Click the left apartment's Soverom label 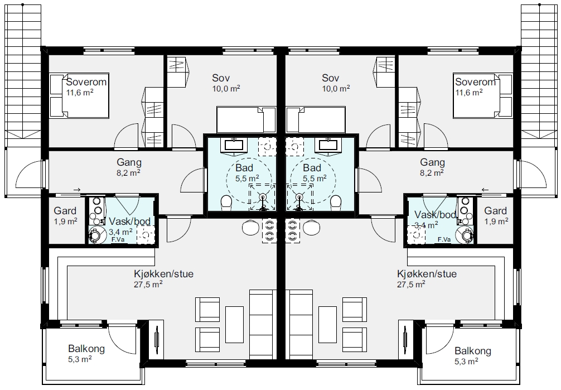86,82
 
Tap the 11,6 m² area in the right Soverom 468,93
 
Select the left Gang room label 129,162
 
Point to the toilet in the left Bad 226,203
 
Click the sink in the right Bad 326,145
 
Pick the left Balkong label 86,349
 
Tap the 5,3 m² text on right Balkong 466,362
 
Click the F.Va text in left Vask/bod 118,239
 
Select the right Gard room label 496,211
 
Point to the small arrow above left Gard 76,190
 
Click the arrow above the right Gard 486,190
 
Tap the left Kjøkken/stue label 163,274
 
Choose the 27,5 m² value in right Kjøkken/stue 411,285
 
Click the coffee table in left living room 234,325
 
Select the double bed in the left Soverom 79,96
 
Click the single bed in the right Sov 315,119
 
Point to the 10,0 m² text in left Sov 226,89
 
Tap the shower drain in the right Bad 299,196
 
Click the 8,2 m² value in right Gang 432,173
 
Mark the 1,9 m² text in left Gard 65,222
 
